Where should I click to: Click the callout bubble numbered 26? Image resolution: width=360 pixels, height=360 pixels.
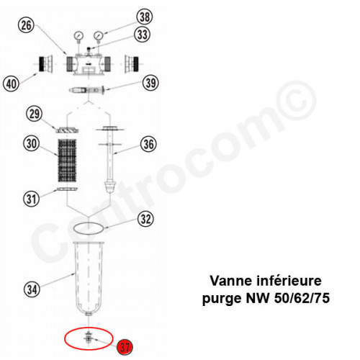click(27, 26)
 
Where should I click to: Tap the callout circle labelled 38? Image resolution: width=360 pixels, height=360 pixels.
click(145, 17)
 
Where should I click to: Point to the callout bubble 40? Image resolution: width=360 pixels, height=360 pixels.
click(11, 84)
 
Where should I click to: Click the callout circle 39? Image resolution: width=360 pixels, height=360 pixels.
click(150, 84)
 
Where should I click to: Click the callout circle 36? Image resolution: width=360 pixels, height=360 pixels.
click(148, 144)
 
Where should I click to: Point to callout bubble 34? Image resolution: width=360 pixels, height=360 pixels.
click(31, 290)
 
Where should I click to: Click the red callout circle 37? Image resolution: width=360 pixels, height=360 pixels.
click(124, 347)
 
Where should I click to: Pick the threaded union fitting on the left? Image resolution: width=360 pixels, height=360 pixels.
click(46, 65)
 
